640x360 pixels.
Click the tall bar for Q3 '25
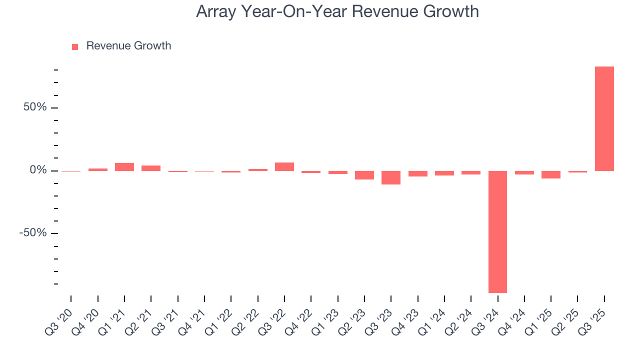604,118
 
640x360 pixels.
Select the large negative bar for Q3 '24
497,231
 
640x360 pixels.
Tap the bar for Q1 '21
124,167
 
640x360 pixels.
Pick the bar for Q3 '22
284,167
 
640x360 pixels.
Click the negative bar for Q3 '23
391,177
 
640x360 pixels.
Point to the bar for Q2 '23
364,175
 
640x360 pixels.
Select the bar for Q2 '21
151,168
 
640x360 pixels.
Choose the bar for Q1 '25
551,174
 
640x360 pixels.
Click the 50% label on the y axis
34,107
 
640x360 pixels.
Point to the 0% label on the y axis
38,170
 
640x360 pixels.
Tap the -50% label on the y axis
32,233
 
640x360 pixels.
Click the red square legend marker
75,46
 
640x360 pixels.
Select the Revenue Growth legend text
128,46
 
